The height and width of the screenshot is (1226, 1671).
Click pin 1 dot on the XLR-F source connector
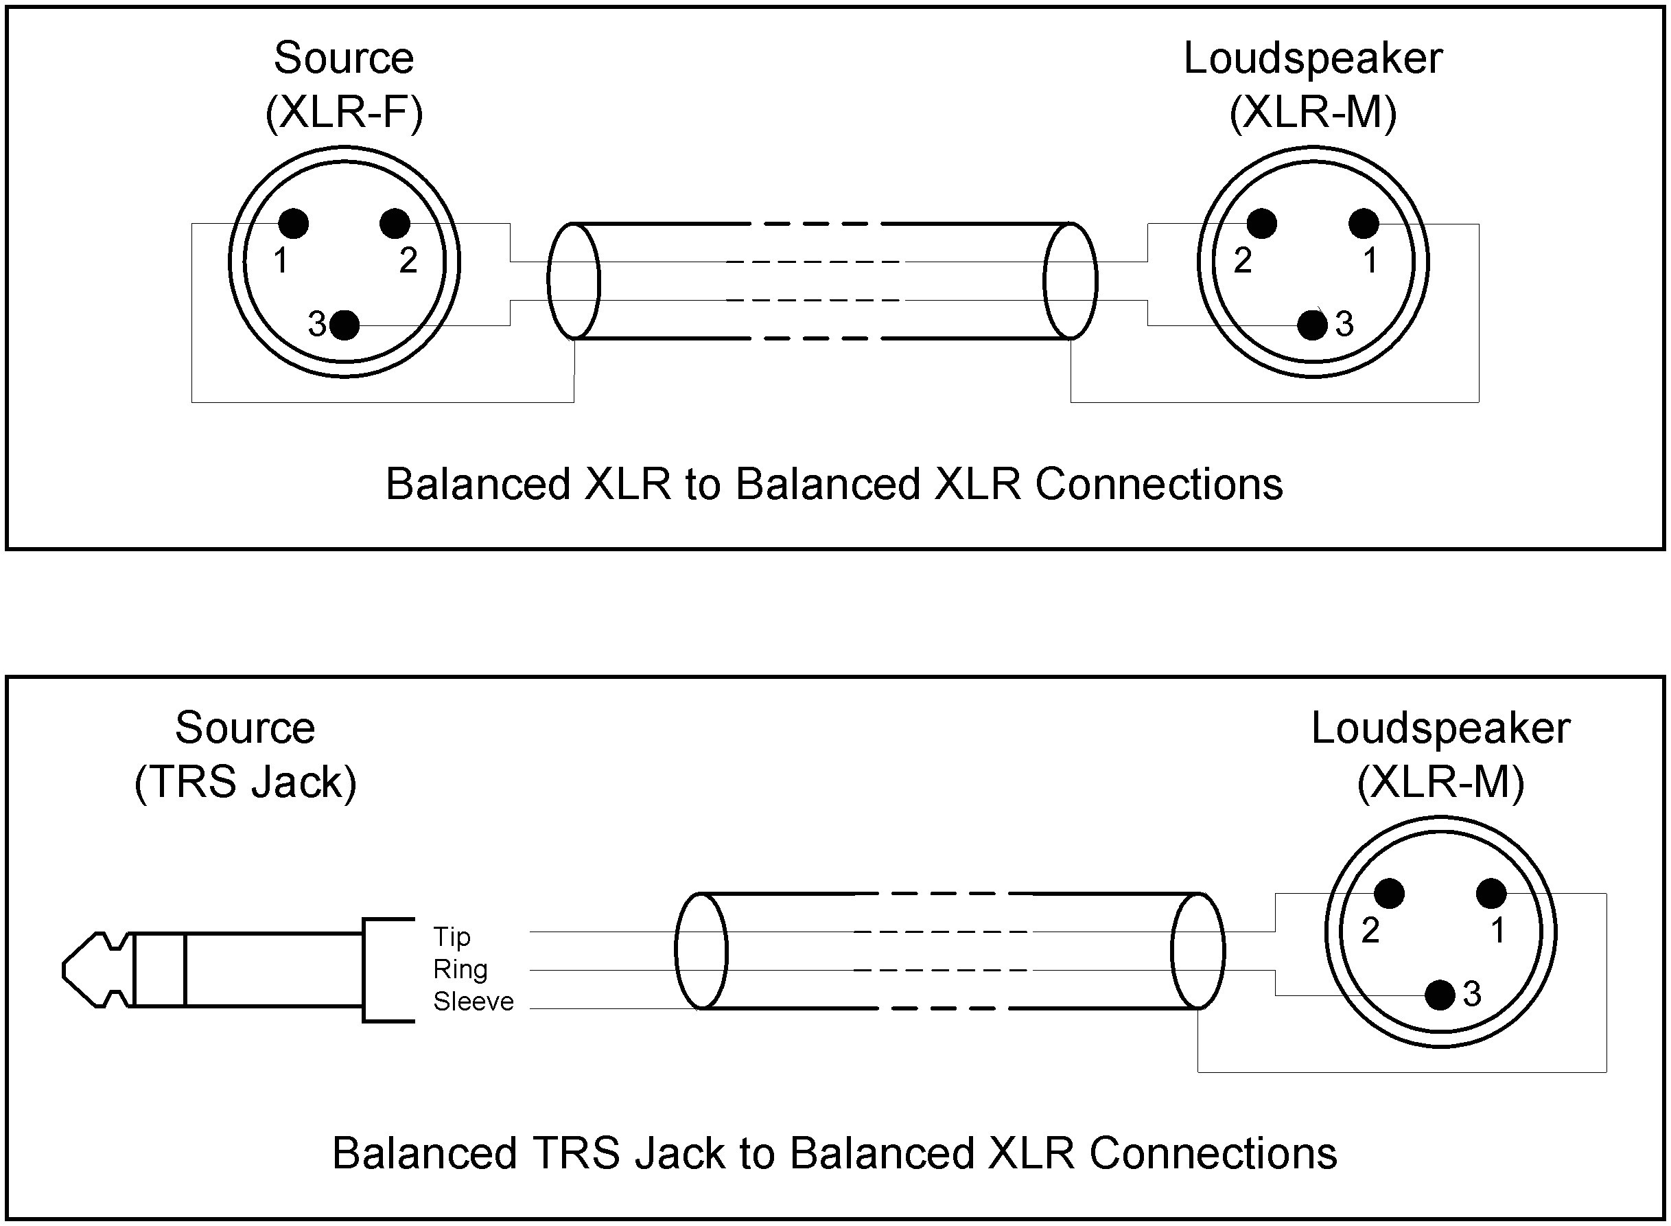293,223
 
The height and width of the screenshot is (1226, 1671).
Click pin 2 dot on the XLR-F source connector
395,223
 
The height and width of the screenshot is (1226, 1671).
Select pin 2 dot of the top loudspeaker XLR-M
1261,223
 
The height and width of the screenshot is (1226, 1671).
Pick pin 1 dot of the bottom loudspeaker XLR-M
1491,894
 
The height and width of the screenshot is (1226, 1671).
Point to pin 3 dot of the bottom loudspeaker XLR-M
1440,995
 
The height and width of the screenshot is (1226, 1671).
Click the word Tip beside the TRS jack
451,937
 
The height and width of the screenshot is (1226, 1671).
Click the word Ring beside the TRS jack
460,969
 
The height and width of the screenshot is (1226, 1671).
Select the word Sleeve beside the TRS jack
474,1002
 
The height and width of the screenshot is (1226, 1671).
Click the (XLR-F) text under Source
344,113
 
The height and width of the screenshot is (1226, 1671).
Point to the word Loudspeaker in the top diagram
1312,58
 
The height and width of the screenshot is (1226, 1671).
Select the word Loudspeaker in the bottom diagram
1440,728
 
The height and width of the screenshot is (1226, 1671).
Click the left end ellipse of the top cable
574,281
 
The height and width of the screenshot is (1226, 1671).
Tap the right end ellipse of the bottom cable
1197,951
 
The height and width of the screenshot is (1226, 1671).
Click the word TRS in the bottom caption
575,1153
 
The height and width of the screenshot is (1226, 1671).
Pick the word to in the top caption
702,484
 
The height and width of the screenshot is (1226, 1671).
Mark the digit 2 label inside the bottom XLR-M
1370,931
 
